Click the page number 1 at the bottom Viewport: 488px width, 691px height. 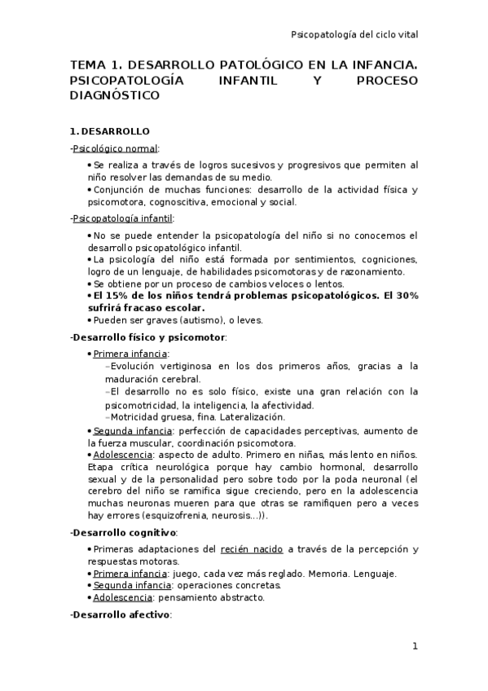click(x=415, y=647)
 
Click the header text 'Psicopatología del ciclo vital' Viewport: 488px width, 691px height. click(x=354, y=33)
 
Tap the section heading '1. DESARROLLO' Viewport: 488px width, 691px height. click(x=109, y=131)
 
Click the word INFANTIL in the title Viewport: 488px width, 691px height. click(x=247, y=81)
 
